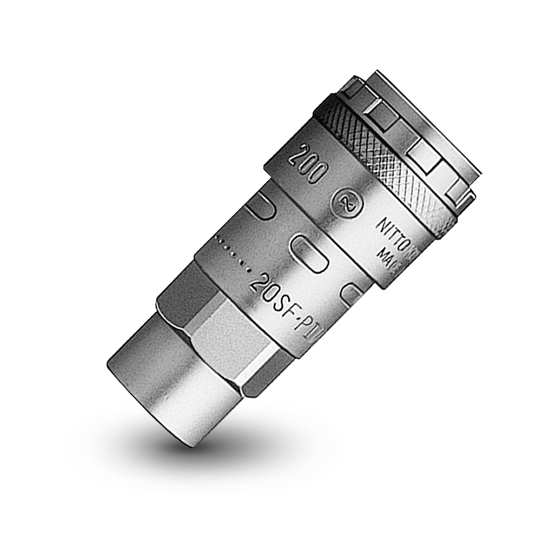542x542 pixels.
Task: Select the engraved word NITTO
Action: (x=389, y=231)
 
